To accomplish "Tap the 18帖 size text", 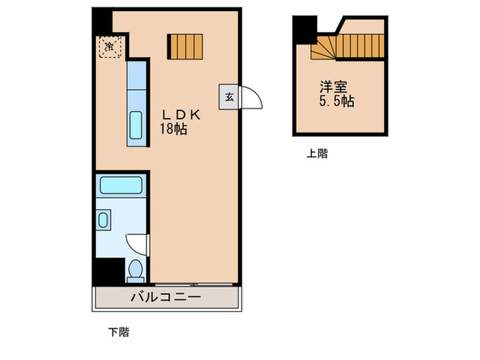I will pos(174,130).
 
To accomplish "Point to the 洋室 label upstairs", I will pos(333,88).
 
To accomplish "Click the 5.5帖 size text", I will pos(336,101).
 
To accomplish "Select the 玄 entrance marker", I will pos(228,97).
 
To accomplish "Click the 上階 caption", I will pos(317,154).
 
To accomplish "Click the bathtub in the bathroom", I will pos(121,185).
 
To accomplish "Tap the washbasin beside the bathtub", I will pos(104,221).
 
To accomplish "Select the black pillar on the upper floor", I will pos(303,29).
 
